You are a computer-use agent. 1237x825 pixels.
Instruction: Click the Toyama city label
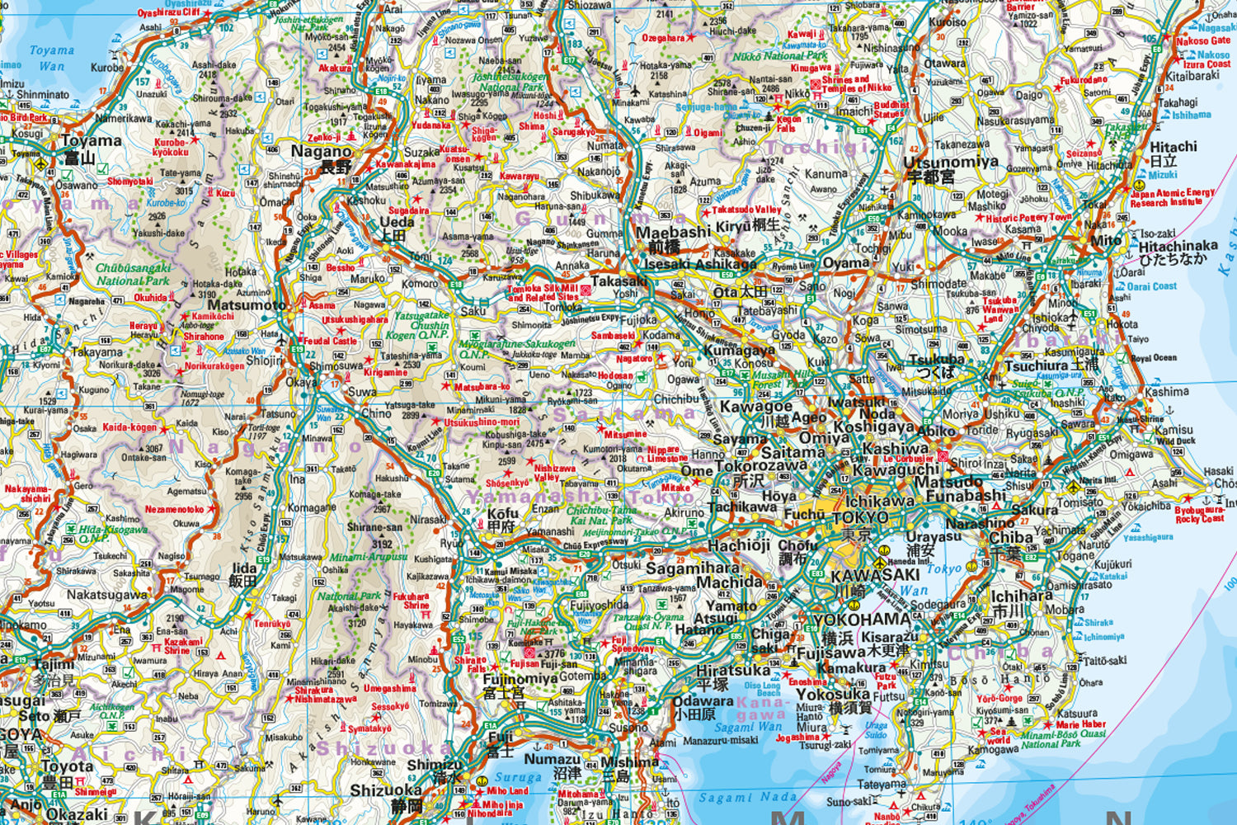pyautogui.click(x=92, y=140)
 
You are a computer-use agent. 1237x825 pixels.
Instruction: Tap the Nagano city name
pyautogui.click(x=321, y=151)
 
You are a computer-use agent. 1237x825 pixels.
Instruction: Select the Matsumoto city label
pyautogui.click(x=247, y=304)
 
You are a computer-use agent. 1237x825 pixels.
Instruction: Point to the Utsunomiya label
pyautogui.click(x=951, y=162)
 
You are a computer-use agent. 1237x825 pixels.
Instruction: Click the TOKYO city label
pyautogui.click(x=860, y=518)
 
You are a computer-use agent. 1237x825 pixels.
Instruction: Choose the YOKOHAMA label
pyautogui.click(x=861, y=620)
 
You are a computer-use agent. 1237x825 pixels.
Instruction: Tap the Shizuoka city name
pyautogui.click(x=386, y=790)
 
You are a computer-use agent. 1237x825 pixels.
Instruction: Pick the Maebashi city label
pyautogui.click(x=673, y=232)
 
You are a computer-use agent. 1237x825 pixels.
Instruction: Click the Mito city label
pyautogui.click(x=1106, y=240)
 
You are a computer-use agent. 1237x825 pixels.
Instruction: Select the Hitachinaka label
pyautogui.click(x=1178, y=246)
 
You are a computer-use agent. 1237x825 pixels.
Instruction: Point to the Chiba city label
pyautogui.click(x=1011, y=537)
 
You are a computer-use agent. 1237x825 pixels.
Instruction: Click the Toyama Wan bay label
pyautogui.click(x=51, y=58)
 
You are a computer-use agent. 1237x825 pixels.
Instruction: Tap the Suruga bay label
pyautogui.click(x=518, y=777)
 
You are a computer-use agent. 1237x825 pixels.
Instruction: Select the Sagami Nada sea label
pyautogui.click(x=747, y=797)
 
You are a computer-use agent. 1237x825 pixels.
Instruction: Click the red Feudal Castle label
pyautogui.click(x=330, y=340)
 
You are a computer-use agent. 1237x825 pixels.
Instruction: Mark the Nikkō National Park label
pyautogui.click(x=779, y=56)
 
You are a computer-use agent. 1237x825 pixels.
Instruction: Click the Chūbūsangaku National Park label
pyautogui.click(x=133, y=274)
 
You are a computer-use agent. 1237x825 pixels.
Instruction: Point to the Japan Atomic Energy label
pyautogui.click(x=1172, y=197)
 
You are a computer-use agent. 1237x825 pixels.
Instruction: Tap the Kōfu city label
pyautogui.click(x=503, y=514)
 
